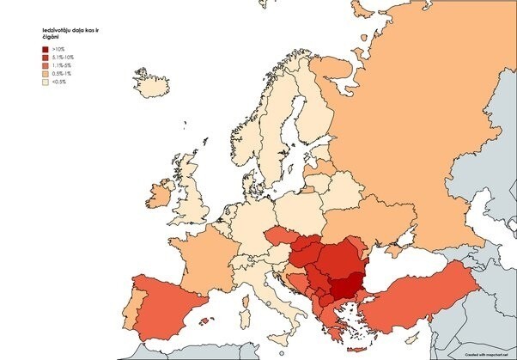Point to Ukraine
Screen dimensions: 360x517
[x=386, y=223]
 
